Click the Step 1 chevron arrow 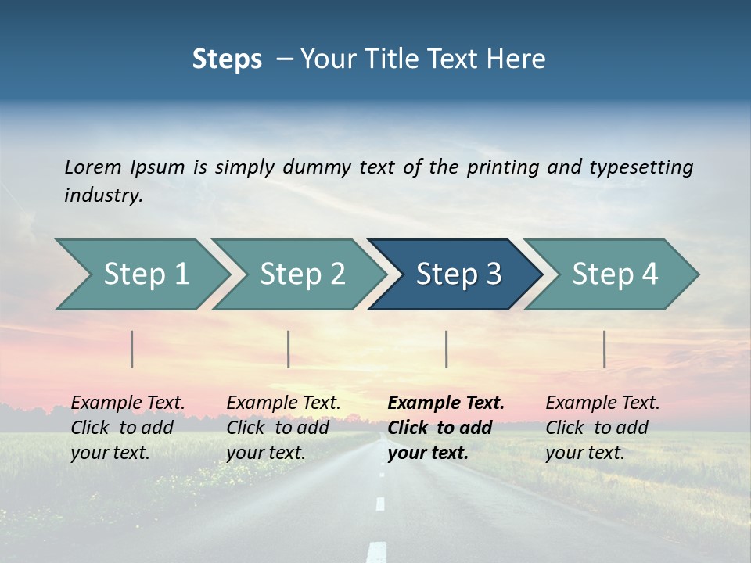(x=146, y=274)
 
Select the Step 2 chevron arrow (x=302, y=274)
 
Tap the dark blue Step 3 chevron (x=458, y=274)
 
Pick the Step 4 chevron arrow (x=615, y=274)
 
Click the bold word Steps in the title (x=227, y=59)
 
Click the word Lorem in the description (x=92, y=167)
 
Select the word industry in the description (x=103, y=195)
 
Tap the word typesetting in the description (x=641, y=167)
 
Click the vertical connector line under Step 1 (x=132, y=349)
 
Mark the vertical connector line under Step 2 (x=289, y=349)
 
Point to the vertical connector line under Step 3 (x=446, y=349)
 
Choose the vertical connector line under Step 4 (x=604, y=349)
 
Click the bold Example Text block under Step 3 (x=446, y=428)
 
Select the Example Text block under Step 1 (x=128, y=428)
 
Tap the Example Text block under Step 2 (x=283, y=428)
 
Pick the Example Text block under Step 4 (x=602, y=428)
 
